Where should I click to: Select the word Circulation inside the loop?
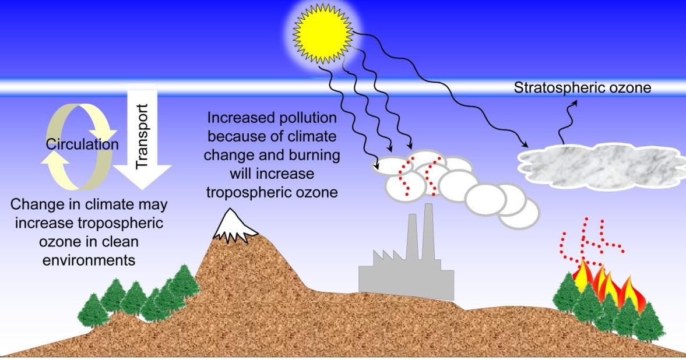pyautogui.click(x=82, y=144)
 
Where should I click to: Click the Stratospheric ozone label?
pyautogui.click(x=582, y=88)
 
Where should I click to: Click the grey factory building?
pyautogui.click(x=406, y=274)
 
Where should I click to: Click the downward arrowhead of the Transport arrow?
pyautogui.click(x=142, y=181)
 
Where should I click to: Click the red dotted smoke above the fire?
pyautogui.click(x=589, y=239)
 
